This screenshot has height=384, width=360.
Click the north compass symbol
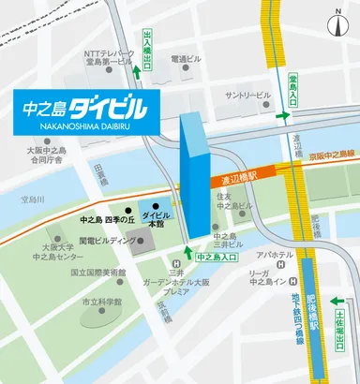click(x=338, y=20)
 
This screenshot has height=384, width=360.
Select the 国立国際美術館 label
click(x=99, y=273)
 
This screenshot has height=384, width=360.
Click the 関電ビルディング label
click(x=108, y=240)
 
